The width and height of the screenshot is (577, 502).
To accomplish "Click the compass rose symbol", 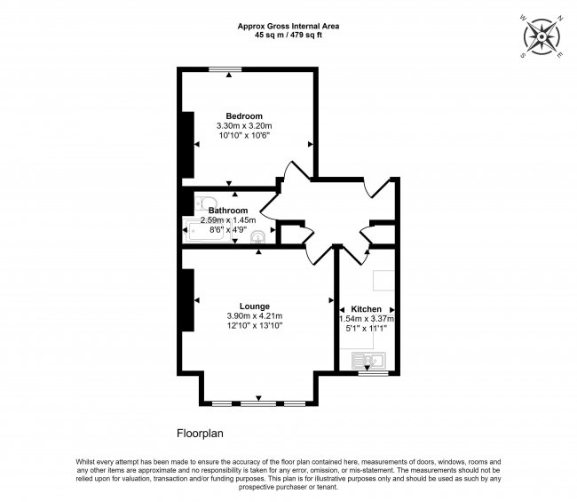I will click(541, 36).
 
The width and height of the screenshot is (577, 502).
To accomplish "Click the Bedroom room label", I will click(243, 116).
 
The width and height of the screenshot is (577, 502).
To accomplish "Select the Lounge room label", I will click(254, 306).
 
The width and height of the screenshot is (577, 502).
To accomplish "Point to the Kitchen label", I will click(367, 308).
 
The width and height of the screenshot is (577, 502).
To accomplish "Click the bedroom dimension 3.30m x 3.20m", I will click(243, 127).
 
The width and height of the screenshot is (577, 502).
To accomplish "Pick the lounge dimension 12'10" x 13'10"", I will click(254, 326).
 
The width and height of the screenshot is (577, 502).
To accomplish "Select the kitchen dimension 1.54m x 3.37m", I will click(367, 319).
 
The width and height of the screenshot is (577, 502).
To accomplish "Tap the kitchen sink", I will click(368, 360).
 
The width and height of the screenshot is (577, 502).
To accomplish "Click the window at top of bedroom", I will click(229, 69).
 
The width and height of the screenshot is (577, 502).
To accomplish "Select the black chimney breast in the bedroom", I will click(187, 144).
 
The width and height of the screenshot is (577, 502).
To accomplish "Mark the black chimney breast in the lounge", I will click(187, 299).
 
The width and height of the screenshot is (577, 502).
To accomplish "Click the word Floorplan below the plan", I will click(200, 434).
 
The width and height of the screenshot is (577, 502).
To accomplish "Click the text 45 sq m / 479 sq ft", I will click(288, 36).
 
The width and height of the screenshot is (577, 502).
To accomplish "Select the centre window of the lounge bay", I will click(258, 404).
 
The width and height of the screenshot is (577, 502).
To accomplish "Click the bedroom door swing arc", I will click(289, 174).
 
